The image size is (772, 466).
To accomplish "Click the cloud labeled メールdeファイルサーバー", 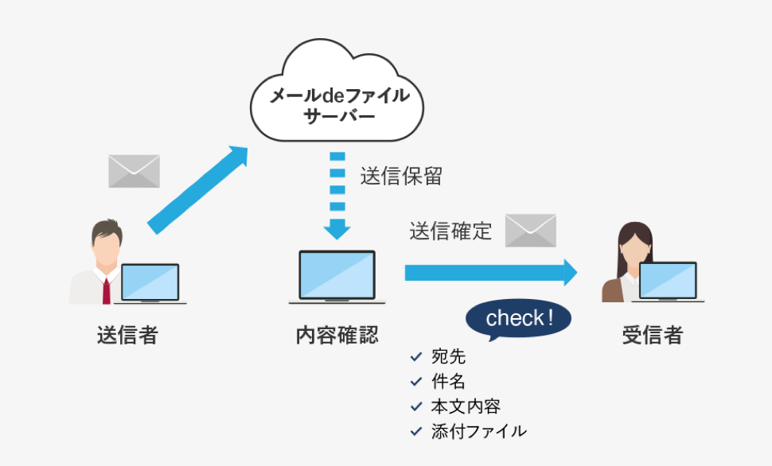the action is pyautogui.click(x=337, y=91).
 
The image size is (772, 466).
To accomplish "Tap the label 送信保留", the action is pyautogui.click(x=401, y=177).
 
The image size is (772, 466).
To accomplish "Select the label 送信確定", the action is pyautogui.click(x=450, y=231).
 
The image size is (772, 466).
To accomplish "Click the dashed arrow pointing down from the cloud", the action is pyautogui.click(x=337, y=196).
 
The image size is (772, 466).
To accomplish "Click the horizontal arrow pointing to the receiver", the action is pyautogui.click(x=491, y=272).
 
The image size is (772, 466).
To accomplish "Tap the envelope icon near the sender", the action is pyautogui.click(x=134, y=171).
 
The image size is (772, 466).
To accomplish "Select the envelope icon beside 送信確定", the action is pyautogui.click(x=531, y=231).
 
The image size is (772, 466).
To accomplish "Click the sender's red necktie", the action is pyautogui.click(x=107, y=291).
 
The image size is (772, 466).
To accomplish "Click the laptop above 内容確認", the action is pyautogui.click(x=337, y=277).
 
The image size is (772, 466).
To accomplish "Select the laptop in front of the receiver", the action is pyautogui.click(x=668, y=282).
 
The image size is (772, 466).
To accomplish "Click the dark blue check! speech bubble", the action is pyautogui.click(x=518, y=319).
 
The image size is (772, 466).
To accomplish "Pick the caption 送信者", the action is pyautogui.click(x=127, y=336).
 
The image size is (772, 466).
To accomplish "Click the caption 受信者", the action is pyautogui.click(x=653, y=336).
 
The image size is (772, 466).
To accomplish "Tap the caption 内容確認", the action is pyautogui.click(x=337, y=336).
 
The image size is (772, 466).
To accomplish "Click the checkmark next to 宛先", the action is pyautogui.click(x=416, y=357).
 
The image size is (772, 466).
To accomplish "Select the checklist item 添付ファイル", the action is pyautogui.click(x=478, y=432).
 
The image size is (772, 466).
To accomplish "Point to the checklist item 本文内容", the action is pyautogui.click(x=466, y=406).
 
